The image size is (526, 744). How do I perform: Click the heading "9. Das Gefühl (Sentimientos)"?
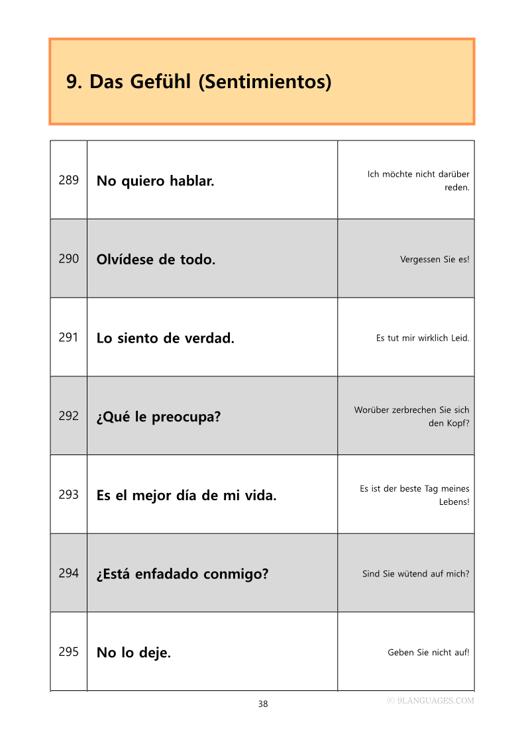pos(199,82)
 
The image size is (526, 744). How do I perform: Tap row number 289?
pos(69,180)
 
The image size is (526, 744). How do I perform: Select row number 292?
pos(69,416)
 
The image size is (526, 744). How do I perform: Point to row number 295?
pos(69,652)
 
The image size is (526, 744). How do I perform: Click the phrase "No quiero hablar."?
pos(156,181)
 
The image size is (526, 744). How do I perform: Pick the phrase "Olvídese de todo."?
pos(156,260)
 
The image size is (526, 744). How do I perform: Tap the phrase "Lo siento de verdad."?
pos(166,339)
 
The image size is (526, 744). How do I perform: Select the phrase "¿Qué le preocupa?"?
pos(158,417)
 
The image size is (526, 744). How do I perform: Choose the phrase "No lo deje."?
pos(134,653)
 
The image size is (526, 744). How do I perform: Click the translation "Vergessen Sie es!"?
pos(435,259)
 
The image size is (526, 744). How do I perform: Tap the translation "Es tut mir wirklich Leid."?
pos(423,338)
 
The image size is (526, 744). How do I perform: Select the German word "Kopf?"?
pos(458,423)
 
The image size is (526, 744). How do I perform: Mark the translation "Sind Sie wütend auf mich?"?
pos(415,574)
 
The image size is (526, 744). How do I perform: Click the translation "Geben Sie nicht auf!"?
pos(429,653)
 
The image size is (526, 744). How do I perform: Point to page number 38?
pos(263,704)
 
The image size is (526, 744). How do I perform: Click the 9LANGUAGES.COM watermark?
pos(431,700)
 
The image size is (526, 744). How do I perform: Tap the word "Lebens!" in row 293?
pos(454,502)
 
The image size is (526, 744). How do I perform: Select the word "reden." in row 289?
pos(457,187)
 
